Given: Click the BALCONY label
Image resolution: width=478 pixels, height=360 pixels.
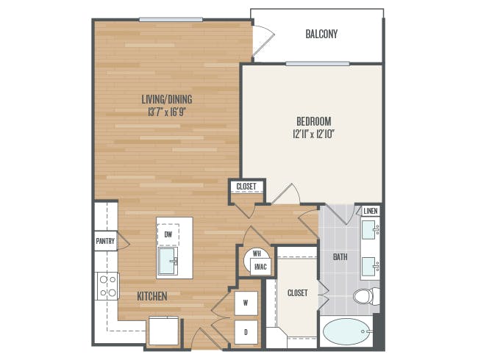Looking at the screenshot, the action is pyautogui.click(x=321, y=34).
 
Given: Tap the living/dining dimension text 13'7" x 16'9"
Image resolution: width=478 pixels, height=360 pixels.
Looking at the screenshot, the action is pyautogui.click(x=167, y=112).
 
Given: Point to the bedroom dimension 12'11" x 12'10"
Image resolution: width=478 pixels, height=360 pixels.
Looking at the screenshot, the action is pyautogui.click(x=314, y=134).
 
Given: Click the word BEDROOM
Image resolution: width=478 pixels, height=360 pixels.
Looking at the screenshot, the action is pyautogui.click(x=314, y=121).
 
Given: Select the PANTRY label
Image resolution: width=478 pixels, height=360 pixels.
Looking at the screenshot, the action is pyautogui.click(x=105, y=241).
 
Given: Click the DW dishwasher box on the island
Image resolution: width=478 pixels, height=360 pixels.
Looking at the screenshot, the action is pyautogui.click(x=168, y=235).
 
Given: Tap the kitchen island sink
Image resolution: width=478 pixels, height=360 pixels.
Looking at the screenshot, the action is pyautogui.click(x=167, y=261).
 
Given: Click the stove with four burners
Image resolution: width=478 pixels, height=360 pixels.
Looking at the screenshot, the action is pyautogui.click(x=108, y=286).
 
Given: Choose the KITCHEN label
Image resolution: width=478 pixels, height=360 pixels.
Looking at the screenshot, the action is pyautogui.click(x=152, y=296).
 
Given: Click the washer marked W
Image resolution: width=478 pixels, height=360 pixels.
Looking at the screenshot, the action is pyautogui.click(x=246, y=303).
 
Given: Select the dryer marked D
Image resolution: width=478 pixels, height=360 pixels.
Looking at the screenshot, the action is pyautogui.click(x=246, y=332).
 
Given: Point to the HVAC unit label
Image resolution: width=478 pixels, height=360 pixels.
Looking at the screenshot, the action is pyautogui.click(x=260, y=267).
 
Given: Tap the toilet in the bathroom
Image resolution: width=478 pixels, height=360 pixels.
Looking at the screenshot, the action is pyautogui.click(x=366, y=296).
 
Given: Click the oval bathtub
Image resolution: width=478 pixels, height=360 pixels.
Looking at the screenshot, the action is pyautogui.click(x=346, y=332).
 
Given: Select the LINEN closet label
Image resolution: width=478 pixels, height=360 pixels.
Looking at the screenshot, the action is pyautogui.click(x=371, y=211).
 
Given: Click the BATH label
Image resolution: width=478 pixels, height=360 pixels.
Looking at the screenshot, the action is pyautogui.click(x=340, y=257).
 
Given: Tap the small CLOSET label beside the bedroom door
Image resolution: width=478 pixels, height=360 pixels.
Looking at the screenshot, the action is pyautogui.click(x=246, y=186).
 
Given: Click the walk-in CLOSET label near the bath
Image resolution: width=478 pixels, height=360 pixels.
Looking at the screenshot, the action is pyautogui.click(x=298, y=292).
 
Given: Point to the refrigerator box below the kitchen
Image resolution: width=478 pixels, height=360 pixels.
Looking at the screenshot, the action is pyautogui.click(x=164, y=331).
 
